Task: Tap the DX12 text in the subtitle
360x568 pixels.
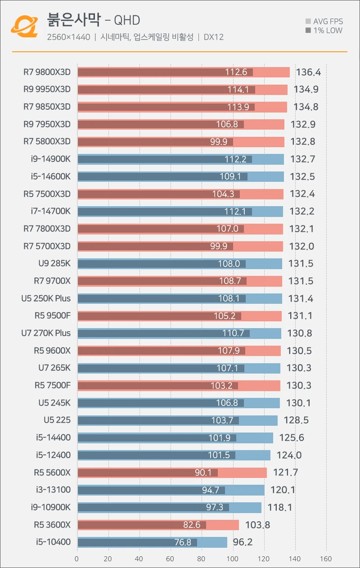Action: click(x=214, y=37)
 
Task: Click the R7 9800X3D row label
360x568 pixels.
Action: click(x=47, y=72)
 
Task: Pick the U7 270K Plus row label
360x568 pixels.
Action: click(x=46, y=333)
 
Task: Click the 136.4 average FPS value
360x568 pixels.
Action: click(x=308, y=72)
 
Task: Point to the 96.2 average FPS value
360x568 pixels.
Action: click(x=243, y=542)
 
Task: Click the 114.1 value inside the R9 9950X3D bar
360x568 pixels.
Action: click(x=238, y=90)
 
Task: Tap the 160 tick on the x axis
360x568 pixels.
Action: click(x=325, y=559)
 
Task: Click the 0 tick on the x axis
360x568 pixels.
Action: click(x=77, y=559)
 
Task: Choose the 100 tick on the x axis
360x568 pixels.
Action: click(x=233, y=559)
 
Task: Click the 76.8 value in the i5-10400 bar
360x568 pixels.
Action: click(x=183, y=542)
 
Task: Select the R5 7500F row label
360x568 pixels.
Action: click(x=52, y=385)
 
